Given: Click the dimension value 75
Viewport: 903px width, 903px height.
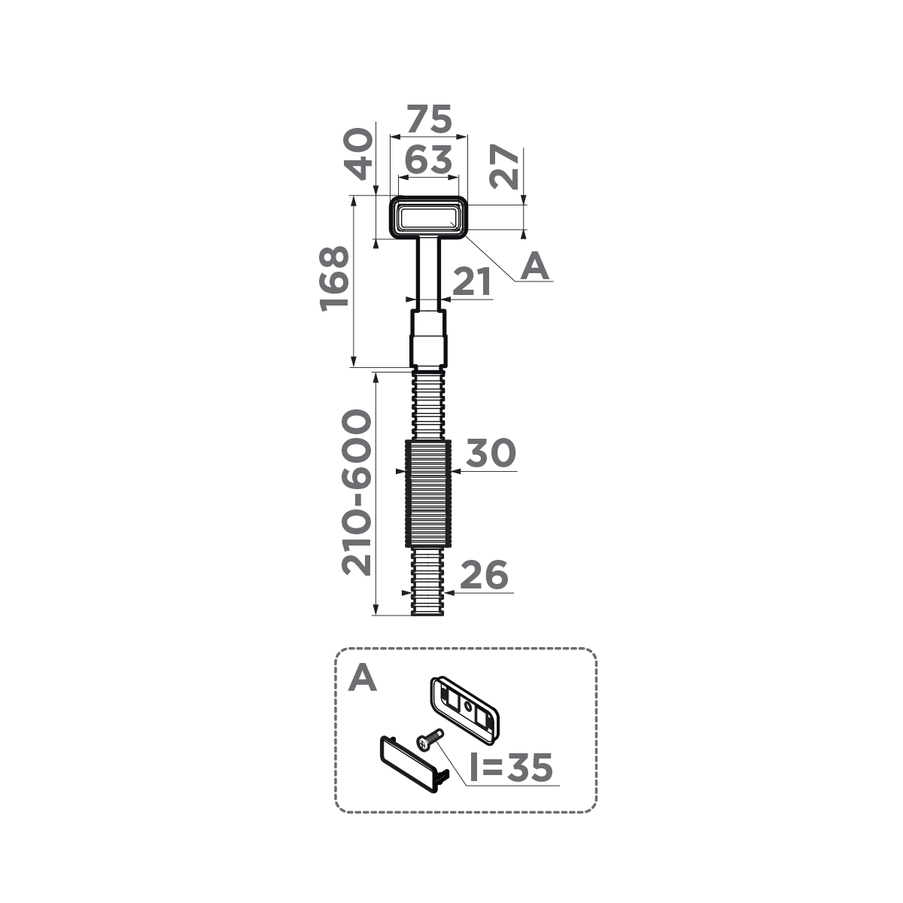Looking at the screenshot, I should click(429, 120).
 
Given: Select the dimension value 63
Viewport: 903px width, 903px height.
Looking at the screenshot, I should click(428, 160).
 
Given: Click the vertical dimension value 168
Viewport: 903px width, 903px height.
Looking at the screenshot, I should click(335, 278).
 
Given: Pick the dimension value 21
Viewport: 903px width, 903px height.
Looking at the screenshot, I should click(472, 283).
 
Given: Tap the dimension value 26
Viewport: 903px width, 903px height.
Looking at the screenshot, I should click(484, 576).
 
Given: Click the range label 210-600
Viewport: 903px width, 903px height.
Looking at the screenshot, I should click(357, 493).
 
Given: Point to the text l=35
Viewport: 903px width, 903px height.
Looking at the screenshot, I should click(511, 768).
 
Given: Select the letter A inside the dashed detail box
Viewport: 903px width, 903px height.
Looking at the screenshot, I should click(363, 678).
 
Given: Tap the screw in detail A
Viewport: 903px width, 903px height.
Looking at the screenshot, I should click(430, 738).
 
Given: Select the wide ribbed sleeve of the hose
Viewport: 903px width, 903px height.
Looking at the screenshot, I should click(428, 494).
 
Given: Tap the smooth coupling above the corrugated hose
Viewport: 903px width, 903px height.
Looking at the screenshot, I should click(428, 339).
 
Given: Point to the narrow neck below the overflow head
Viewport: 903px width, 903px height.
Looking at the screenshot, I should click(428, 271).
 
